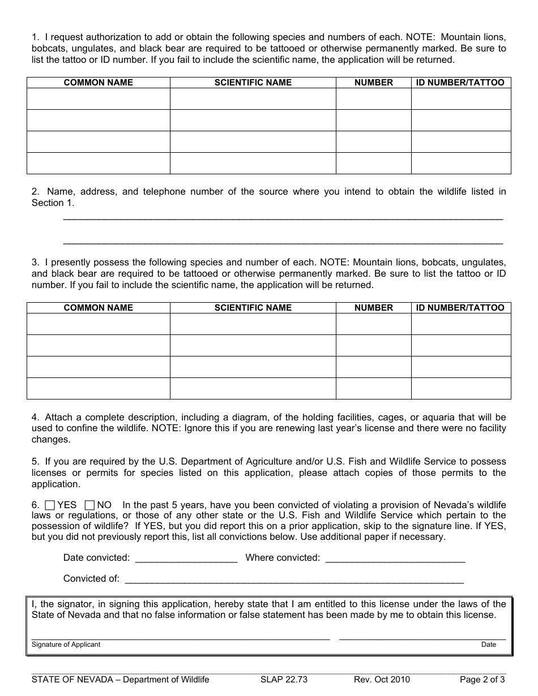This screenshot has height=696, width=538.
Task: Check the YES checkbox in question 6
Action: pyautogui.click(x=50, y=505)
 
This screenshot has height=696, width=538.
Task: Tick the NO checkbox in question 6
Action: pyautogui.click(x=89, y=505)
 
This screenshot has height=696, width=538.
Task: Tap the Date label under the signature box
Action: pyautogui.click(x=488, y=645)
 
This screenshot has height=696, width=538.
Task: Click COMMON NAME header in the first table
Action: pyautogui.click(x=98, y=83)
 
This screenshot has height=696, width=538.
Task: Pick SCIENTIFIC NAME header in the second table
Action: pyautogui.click(x=253, y=308)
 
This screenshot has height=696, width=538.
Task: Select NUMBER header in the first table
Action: pyautogui.click(x=373, y=83)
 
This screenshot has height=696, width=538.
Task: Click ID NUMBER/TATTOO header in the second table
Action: pyautogui.click(x=460, y=308)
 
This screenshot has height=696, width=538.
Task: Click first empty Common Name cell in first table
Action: pyautogui.click(x=98, y=99)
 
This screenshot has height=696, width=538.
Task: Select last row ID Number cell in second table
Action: pyautogui.click(x=460, y=388)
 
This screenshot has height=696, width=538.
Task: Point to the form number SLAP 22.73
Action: pyautogui.click(x=284, y=680)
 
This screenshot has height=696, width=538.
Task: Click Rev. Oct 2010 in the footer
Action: pyautogui.click(x=382, y=680)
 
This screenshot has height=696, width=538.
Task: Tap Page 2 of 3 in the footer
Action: pyautogui.click(x=482, y=680)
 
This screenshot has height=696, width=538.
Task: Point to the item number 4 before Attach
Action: pyautogui.click(x=35, y=417)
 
